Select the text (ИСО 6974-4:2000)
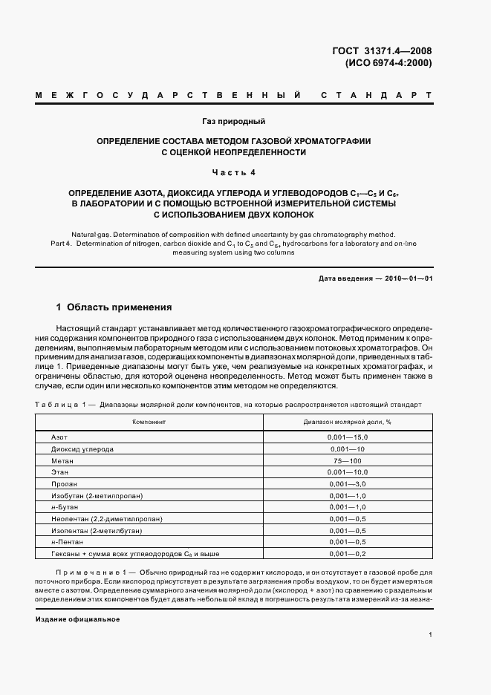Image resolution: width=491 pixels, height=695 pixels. pyautogui.click(x=388, y=63)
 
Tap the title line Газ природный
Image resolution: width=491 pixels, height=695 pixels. pyautogui.click(x=233, y=121)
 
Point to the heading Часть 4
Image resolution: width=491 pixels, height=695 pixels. pyautogui.click(x=233, y=173)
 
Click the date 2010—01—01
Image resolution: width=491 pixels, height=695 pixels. pyautogui.click(x=406, y=278)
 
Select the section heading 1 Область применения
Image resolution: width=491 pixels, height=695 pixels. pyautogui.click(x=114, y=306)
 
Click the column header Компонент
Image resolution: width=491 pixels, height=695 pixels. pyautogui.click(x=149, y=421)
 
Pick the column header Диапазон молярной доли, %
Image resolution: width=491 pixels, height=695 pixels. pyautogui.click(x=347, y=421)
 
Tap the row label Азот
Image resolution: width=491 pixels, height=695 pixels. pyautogui.click(x=59, y=437)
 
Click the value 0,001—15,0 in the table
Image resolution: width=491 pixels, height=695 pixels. pyautogui.click(x=347, y=437)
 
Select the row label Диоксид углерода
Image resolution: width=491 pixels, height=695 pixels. pyautogui.click(x=82, y=449)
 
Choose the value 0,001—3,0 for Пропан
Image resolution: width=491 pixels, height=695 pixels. pyautogui.click(x=347, y=483)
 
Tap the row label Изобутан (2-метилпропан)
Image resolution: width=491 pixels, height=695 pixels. pyautogui.click(x=97, y=495)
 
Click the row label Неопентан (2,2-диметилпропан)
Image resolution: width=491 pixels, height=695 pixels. pyautogui.click(x=106, y=518)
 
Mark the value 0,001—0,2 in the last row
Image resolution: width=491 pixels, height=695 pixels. pyautogui.click(x=347, y=553)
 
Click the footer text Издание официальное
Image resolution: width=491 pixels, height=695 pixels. pyautogui.click(x=77, y=619)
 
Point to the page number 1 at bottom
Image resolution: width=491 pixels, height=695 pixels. pyautogui.click(x=430, y=635)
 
